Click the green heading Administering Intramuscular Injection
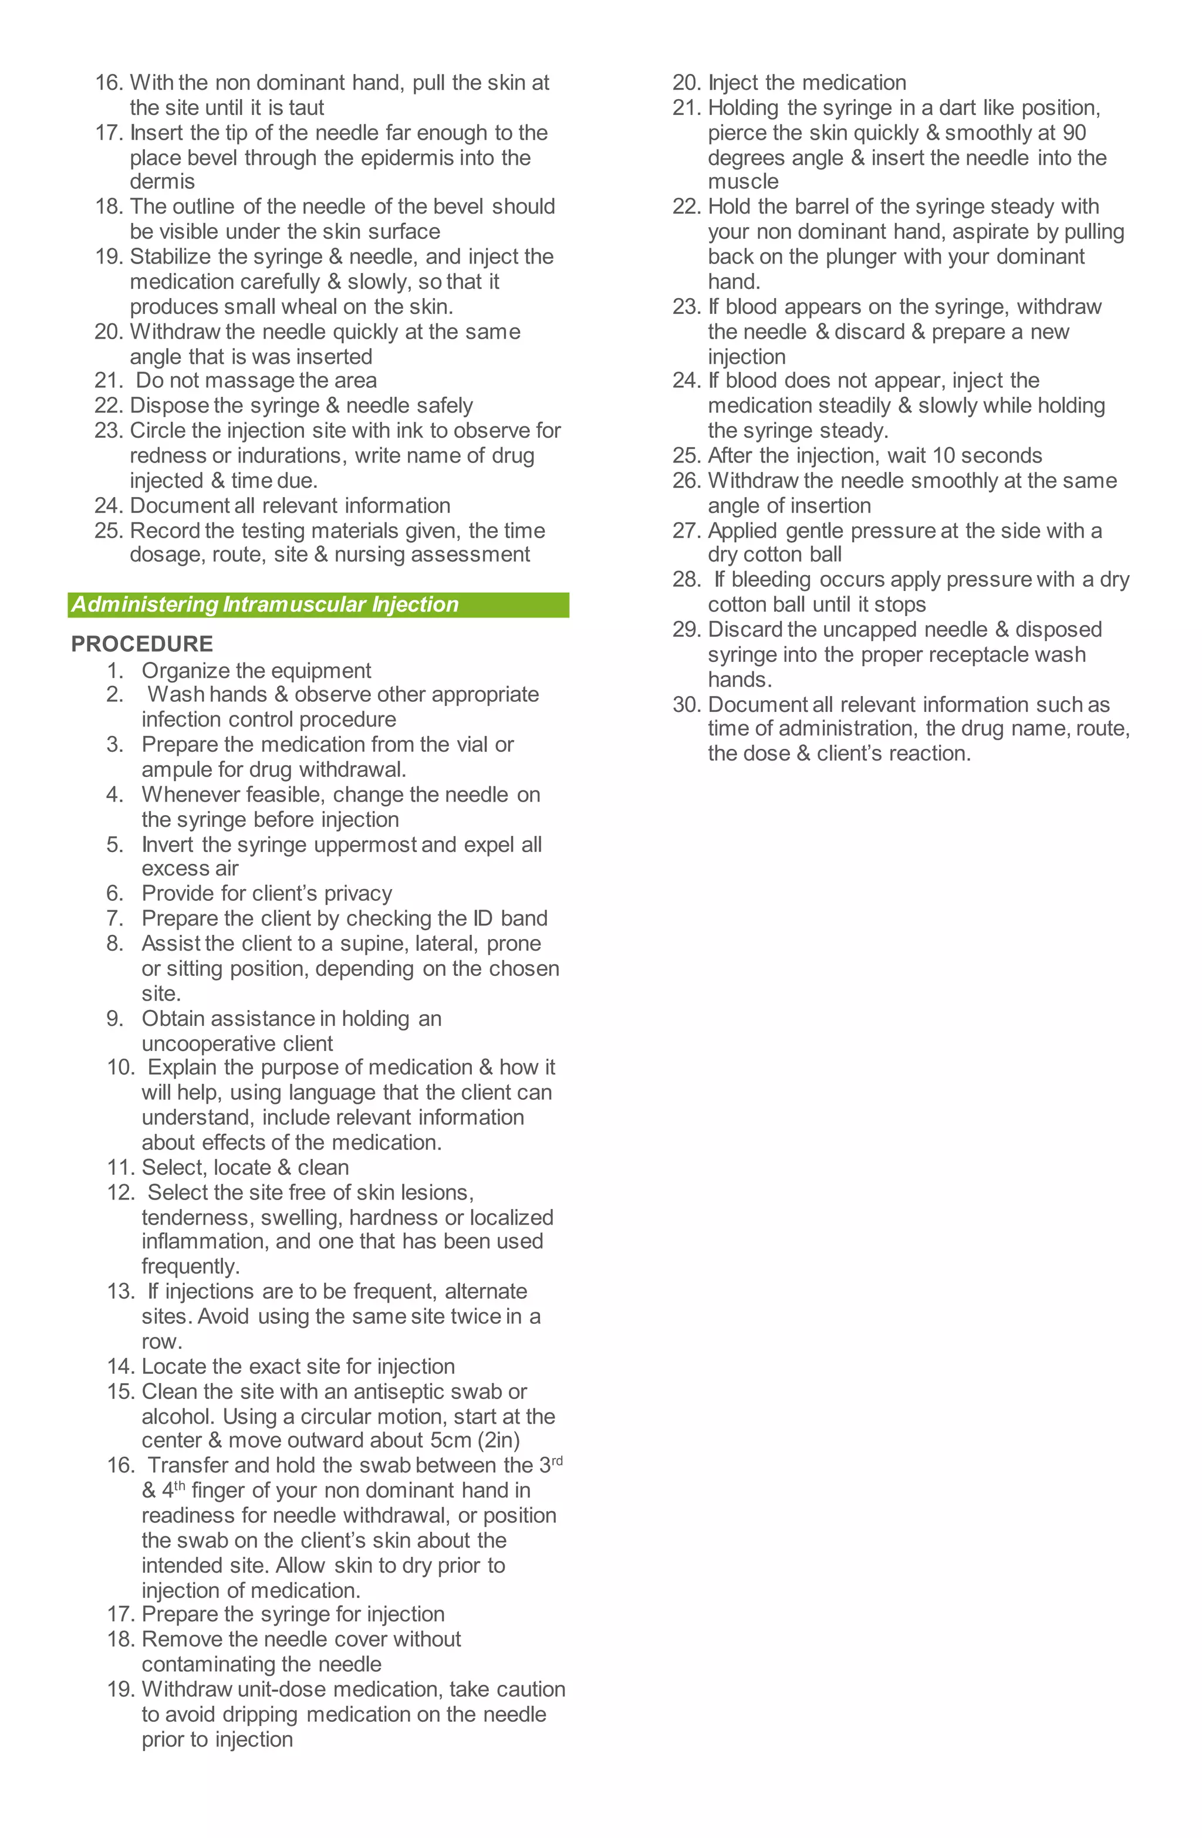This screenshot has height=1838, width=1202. pos(265,604)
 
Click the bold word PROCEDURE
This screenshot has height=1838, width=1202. pos(142,644)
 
